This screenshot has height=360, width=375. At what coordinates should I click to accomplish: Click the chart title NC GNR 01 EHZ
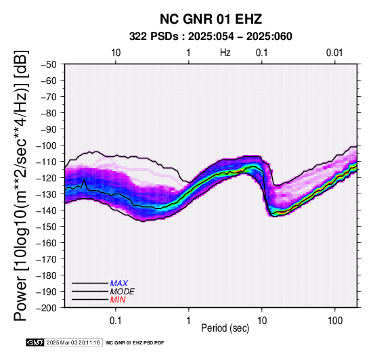[x=211, y=19]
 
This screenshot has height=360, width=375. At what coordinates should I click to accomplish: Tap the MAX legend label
[x=119, y=284]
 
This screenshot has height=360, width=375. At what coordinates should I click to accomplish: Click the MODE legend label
[x=123, y=292]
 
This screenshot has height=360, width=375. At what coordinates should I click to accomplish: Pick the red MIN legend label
[x=118, y=300]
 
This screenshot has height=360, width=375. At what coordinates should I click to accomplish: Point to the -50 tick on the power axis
[x=49, y=64]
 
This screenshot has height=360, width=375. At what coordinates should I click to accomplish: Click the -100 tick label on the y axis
[x=47, y=145]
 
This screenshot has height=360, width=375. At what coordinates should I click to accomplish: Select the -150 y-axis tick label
[x=47, y=227]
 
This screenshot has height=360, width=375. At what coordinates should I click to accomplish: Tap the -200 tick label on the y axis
[x=47, y=308]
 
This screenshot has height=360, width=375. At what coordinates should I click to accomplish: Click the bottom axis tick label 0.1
[x=116, y=321]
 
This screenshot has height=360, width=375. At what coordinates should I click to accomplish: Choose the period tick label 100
[x=335, y=321]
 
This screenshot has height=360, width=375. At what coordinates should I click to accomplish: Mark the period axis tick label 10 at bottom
[x=262, y=321]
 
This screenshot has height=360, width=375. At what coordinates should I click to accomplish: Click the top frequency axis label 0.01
[x=334, y=53]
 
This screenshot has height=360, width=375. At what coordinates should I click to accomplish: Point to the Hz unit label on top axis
[x=225, y=53]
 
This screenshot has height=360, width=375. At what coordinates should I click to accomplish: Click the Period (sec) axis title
[x=225, y=328]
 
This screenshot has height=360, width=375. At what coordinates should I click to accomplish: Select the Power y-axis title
[x=20, y=186]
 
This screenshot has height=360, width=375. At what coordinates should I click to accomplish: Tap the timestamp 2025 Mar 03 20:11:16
[x=73, y=343]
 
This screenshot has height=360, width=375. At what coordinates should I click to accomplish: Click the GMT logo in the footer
[x=35, y=342]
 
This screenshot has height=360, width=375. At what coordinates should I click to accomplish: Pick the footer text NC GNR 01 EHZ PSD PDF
[x=135, y=343]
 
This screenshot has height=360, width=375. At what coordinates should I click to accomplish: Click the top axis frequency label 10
[x=116, y=53]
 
